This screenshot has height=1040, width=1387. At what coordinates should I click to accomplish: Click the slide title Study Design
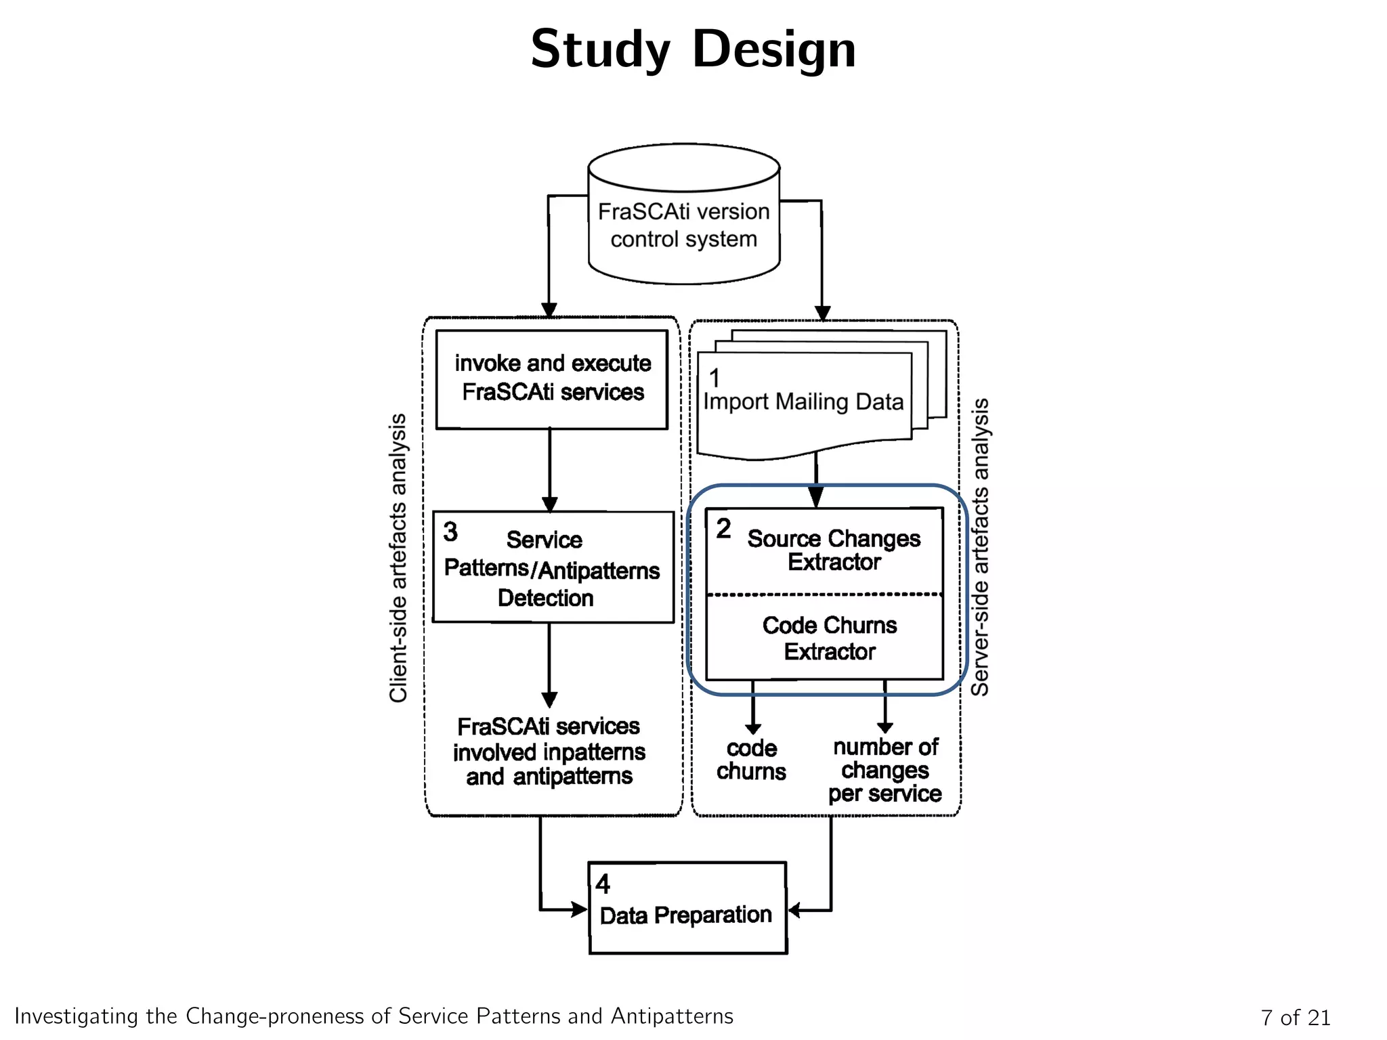pos(693,49)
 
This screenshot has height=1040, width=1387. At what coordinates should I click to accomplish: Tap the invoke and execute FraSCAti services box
pos(552,379)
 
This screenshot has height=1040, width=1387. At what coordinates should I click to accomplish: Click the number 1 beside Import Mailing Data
pos(714,378)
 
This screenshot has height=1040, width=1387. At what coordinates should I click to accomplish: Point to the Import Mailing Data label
pos(803,402)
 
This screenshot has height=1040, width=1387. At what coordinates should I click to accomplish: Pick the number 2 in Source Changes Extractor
pos(723,529)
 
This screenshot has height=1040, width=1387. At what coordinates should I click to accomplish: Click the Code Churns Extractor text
pos(829,638)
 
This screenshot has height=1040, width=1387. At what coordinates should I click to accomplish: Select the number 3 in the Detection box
pos(450,532)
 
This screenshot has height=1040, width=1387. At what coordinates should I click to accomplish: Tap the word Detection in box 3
pos(545,599)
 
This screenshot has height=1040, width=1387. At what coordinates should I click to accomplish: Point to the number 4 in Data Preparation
pos(602,884)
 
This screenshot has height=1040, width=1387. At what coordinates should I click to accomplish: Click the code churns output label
pos(751,760)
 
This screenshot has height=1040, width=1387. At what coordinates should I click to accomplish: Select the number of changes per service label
pos(884,771)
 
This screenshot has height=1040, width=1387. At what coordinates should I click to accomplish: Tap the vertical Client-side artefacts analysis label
pos(398,558)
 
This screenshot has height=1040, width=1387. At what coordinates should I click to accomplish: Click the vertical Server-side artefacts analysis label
pos(980,547)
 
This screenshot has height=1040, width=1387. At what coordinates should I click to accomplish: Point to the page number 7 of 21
pos(1295,1017)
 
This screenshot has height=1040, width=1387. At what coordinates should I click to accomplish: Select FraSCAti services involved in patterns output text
pos(549,752)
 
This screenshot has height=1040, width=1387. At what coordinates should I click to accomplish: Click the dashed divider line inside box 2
pos(824,594)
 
